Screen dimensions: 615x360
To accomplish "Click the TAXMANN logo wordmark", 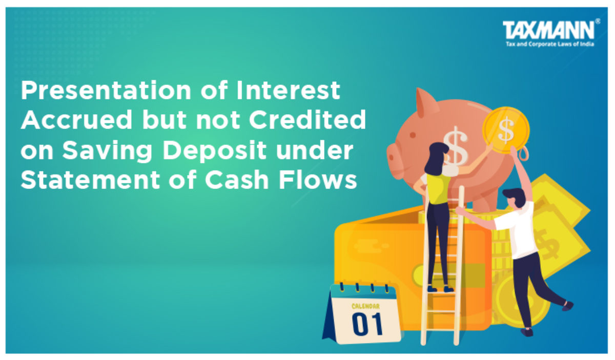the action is tap(548, 30).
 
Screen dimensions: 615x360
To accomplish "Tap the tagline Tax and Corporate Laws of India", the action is tap(550, 44).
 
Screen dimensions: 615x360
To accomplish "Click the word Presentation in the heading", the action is tap(106, 90).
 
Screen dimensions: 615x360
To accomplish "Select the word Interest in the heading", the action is tap(288, 90).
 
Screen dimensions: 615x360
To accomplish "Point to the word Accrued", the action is tap(76, 120).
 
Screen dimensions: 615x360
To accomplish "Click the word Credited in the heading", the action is tap(307, 120).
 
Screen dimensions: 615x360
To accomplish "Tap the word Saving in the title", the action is tap(107, 152).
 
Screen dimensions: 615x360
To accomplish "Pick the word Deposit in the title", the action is tap(215, 152).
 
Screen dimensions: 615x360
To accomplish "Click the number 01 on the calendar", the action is tap(367, 324).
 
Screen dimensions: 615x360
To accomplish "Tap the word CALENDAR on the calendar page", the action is tap(366, 306).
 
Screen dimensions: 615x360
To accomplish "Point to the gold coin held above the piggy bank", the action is tap(506, 130).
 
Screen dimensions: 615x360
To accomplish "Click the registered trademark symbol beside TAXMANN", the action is tap(598, 21).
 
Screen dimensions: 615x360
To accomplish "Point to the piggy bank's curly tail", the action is tap(524, 154).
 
